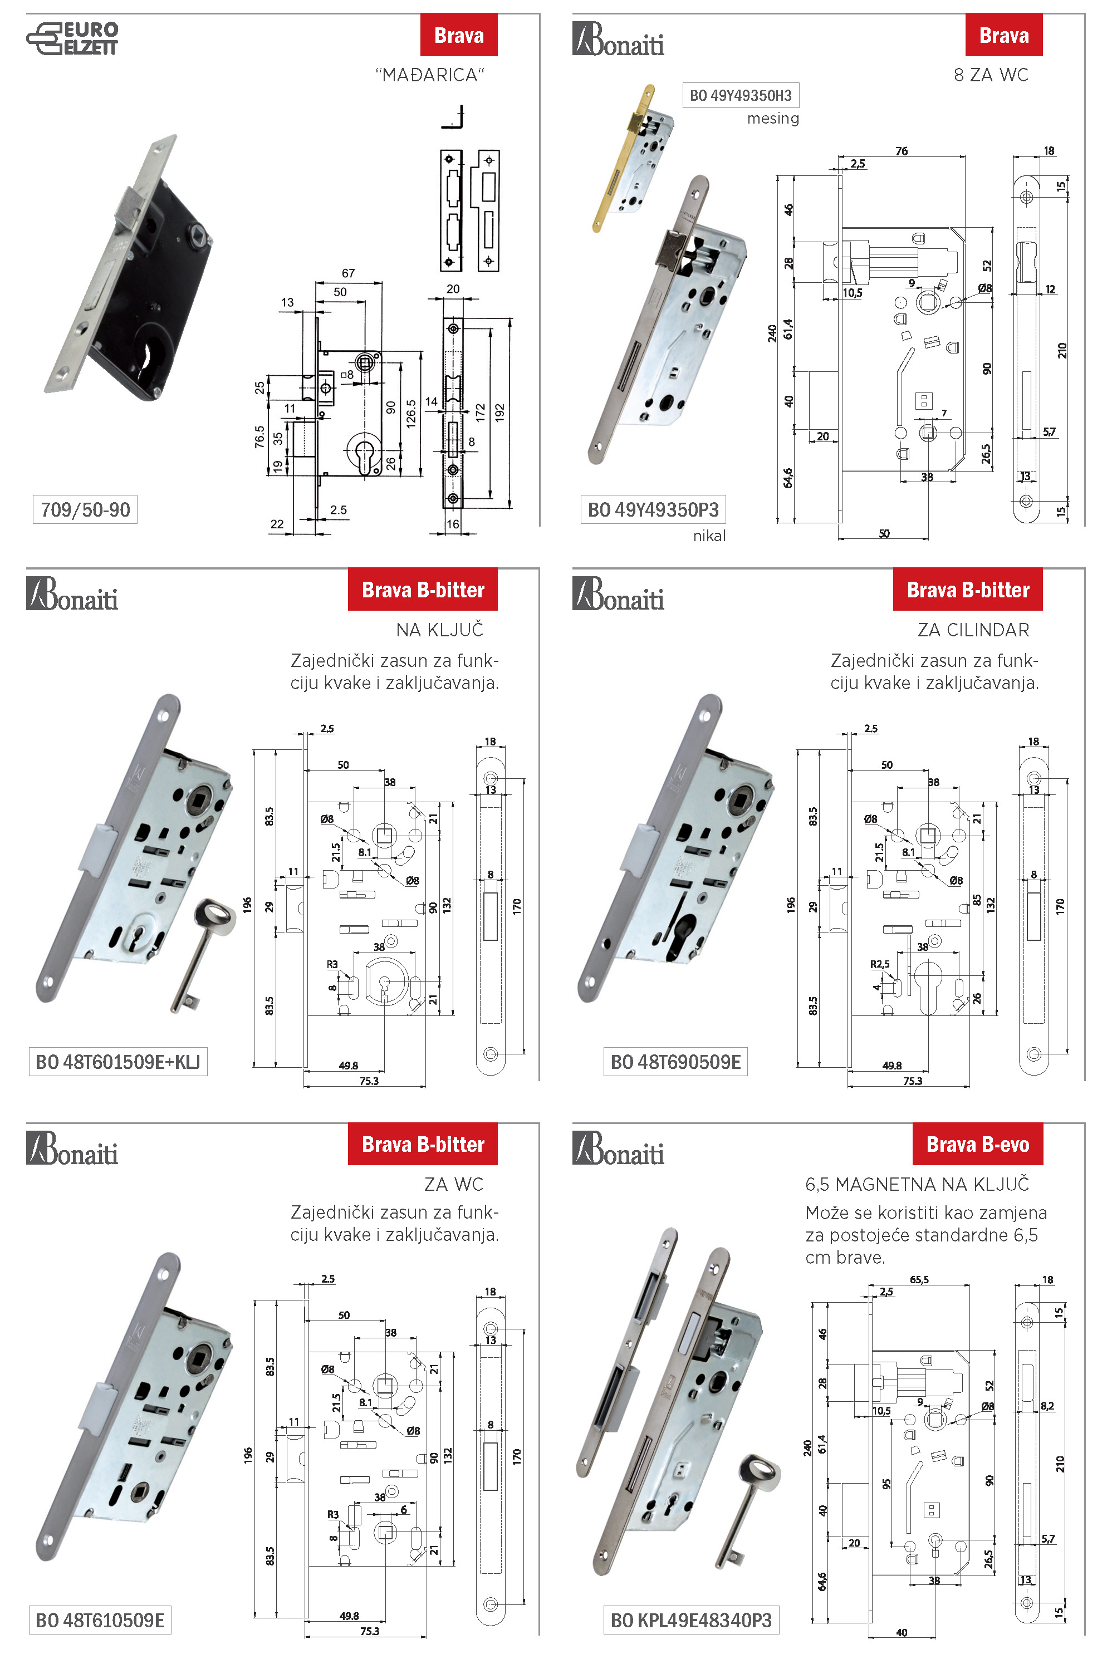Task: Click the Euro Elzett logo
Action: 72,38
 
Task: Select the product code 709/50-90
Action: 85,510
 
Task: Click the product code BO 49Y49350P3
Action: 653,510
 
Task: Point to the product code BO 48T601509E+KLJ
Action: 117,1061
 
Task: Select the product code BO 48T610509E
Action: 100,1619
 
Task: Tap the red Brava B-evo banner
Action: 977,1144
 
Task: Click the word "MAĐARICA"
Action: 430,75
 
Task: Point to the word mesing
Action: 772,119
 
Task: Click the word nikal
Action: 709,536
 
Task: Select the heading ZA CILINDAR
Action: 972,630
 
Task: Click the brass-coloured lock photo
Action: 628,160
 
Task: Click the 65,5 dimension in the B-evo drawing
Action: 919,1280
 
